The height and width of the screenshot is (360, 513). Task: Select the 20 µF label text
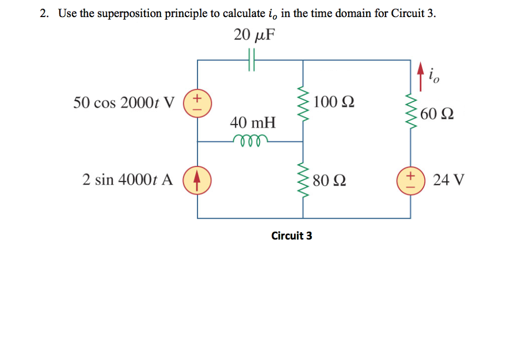[255, 35]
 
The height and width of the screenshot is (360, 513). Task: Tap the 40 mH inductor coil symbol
[250, 140]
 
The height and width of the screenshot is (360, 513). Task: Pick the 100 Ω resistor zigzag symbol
[303, 102]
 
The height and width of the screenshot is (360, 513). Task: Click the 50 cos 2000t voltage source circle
[197, 102]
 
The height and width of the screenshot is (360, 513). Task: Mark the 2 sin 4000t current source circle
[197, 179]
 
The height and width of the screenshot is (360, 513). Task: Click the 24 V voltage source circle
[411, 179]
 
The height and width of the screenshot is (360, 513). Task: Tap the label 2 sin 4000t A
[128, 179]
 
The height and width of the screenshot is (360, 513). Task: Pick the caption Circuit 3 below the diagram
[292, 235]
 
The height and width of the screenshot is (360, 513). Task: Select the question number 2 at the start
[45, 14]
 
